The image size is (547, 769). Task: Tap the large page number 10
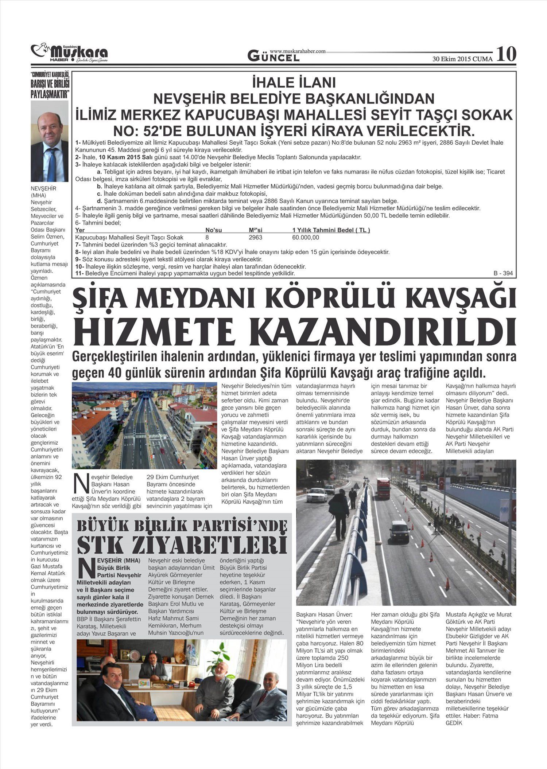click(506, 54)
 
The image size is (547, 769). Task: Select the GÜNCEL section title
click(273, 56)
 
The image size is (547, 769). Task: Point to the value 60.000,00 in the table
click(306, 237)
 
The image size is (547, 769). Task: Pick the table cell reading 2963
click(255, 237)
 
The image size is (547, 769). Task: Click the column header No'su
click(213, 230)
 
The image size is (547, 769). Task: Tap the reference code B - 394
click(503, 273)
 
